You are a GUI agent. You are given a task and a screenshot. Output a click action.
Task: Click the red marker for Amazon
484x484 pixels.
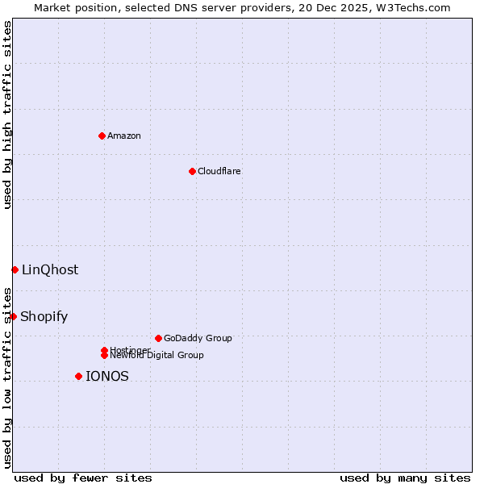[x=102, y=136]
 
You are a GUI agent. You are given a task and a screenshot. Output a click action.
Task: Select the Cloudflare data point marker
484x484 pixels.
[x=192, y=171]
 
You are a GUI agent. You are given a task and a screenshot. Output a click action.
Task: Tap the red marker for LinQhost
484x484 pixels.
[x=15, y=269]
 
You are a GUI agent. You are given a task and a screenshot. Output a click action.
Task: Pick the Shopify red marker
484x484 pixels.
[x=13, y=316]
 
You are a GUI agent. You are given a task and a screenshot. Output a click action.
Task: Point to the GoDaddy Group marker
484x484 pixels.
[x=158, y=338]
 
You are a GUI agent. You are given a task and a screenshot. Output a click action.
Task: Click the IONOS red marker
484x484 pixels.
[x=78, y=376]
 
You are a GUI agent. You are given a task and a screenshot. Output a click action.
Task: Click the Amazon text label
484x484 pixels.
[x=124, y=136]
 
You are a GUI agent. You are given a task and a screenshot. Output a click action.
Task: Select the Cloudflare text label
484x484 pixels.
[x=219, y=171]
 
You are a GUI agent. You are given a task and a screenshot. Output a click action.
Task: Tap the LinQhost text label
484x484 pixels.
[x=50, y=269]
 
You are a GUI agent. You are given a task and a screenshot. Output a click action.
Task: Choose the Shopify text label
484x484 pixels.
[x=44, y=316]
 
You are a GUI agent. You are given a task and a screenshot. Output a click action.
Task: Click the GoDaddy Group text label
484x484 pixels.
[x=198, y=338]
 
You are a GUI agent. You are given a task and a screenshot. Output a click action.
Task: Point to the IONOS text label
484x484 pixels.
[x=107, y=376]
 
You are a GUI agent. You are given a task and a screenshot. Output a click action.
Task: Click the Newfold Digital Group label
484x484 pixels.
[x=156, y=355]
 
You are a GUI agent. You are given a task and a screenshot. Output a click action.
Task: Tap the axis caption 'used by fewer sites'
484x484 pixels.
[x=83, y=478]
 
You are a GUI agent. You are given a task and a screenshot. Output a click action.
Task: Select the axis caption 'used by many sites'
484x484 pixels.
[x=405, y=478]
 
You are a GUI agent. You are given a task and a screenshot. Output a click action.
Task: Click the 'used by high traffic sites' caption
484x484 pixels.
[x=7, y=115]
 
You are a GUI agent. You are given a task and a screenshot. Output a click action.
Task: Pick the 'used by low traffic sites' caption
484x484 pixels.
[x=7, y=377]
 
